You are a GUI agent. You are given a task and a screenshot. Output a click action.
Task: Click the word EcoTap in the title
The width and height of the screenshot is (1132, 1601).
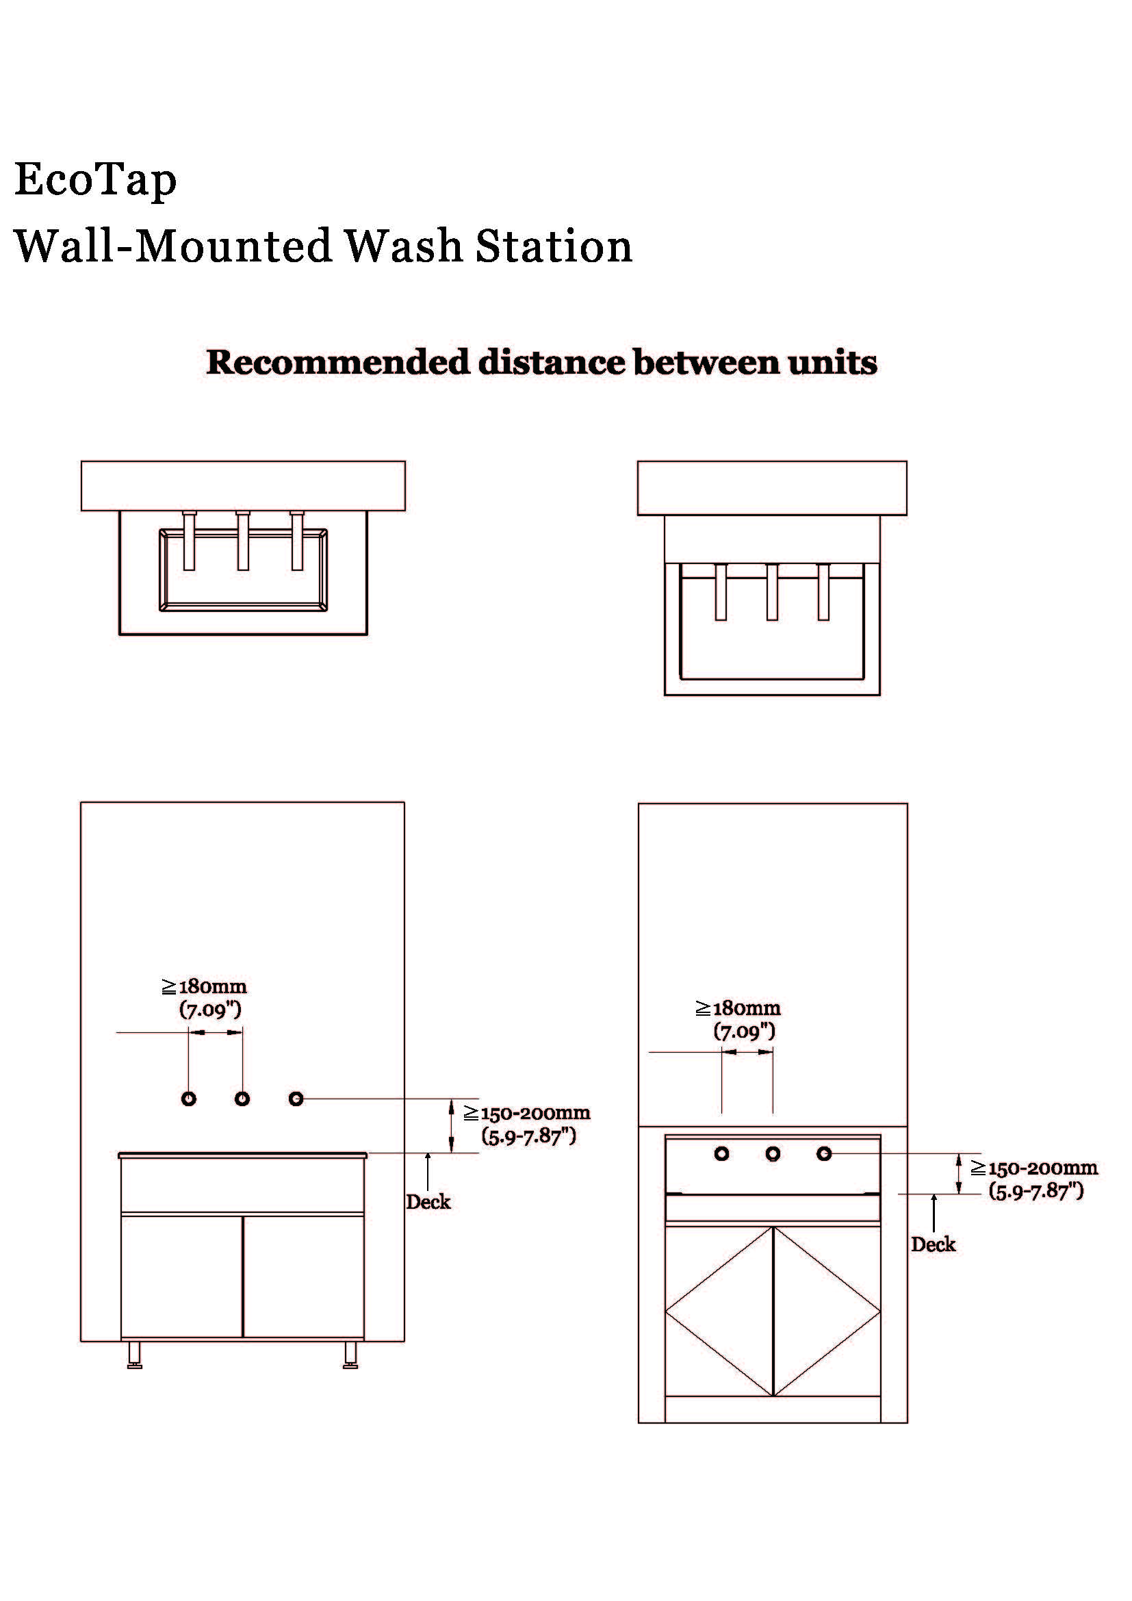tap(96, 180)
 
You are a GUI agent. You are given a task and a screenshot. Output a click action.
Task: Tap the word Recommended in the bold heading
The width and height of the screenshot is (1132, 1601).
tap(338, 362)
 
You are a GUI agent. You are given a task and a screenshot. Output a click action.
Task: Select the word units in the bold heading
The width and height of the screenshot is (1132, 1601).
tap(832, 362)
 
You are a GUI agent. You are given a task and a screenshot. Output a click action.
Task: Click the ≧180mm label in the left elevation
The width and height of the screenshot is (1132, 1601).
tap(205, 987)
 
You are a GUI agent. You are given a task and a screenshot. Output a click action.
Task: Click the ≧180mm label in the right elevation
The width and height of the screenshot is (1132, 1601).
tap(738, 1008)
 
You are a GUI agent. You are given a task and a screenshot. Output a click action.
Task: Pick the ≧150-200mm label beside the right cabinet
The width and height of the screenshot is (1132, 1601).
tap(1034, 1167)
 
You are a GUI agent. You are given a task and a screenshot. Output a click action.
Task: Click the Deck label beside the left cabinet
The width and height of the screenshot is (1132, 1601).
tap(428, 1201)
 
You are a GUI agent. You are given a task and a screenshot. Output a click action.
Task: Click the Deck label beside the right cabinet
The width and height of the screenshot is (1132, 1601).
tap(933, 1244)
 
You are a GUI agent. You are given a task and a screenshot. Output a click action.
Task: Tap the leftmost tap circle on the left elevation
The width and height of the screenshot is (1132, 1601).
tap(188, 1099)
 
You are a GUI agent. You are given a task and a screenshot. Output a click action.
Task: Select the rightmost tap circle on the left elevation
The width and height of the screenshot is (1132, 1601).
tap(296, 1099)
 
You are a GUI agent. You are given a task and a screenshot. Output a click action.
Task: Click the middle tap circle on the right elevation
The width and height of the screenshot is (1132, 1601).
tap(772, 1154)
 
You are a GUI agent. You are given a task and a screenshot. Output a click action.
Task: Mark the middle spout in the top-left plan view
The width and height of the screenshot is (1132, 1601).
tap(242, 541)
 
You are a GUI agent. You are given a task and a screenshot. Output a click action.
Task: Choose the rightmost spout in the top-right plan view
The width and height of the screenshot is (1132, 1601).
tap(823, 592)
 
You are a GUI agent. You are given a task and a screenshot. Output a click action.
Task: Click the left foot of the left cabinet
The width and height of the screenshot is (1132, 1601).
tap(135, 1355)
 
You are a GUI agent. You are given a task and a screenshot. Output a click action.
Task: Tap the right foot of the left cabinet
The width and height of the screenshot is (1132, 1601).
tap(350, 1355)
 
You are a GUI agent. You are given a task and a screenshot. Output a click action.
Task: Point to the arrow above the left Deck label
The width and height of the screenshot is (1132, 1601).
tap(428, 1171)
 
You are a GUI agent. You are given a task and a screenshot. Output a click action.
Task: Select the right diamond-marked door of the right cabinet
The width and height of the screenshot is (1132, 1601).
tap(827, 1311)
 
